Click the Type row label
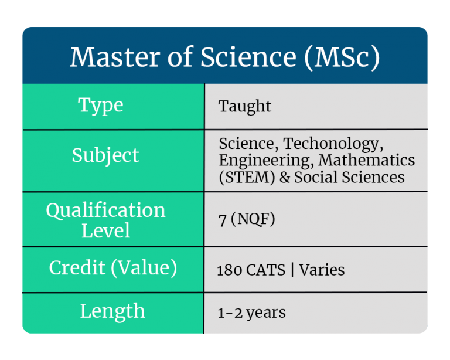101,105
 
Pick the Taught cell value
245,106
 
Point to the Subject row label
105,155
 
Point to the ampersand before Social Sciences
285,176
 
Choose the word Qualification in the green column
105,210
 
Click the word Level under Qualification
105,230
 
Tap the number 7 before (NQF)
221,220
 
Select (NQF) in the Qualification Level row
253,220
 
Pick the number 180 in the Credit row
229,270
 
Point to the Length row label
112,311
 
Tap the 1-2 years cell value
251,313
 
